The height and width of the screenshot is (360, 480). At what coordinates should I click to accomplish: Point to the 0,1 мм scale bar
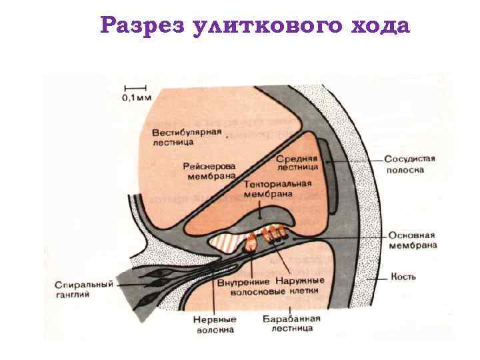tap(135, 87)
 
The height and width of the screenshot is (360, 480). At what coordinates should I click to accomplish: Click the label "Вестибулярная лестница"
tap(186, 136)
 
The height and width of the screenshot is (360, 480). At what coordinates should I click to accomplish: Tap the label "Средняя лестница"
tap(298, 163)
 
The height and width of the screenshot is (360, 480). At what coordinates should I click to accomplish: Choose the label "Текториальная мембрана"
tap(269, 189)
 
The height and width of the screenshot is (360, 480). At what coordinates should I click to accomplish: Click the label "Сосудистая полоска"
tap(410, 164)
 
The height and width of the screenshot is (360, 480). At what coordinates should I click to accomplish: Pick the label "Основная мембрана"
tap(411, 240)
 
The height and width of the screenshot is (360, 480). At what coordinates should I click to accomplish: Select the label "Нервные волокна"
tap(215, 324)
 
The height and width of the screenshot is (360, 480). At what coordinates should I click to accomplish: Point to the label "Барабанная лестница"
tap(291, 323)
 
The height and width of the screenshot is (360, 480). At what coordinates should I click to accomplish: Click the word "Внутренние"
tap(242, 281)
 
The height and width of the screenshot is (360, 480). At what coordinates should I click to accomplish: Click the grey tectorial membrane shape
tap(267, 216)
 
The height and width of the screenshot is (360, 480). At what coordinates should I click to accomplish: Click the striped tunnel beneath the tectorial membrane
tap(227, 241)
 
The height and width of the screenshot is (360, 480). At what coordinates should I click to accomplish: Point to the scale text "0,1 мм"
tap(136, 97)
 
